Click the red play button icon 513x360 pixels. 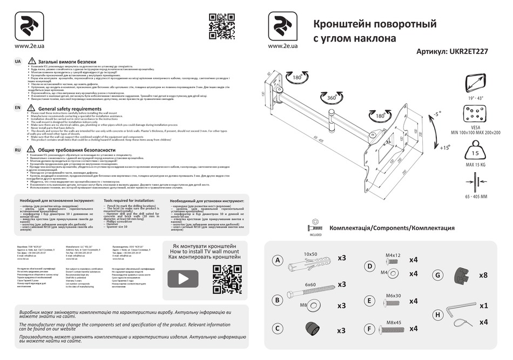pyautogui.click(x=183, y=279)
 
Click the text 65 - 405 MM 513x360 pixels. pyautogui.click(x=476, y=197)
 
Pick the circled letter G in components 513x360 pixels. pyautogui.click(x=438, y=274)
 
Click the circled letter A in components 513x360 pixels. pyautogui.click(x=277, y=261)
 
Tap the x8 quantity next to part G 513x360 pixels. pyautogui.click(x=483, y=275)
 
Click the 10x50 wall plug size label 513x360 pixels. pyautogui.click(x=310, y=254)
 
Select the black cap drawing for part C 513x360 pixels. pyautogui.click(x=312, y=329)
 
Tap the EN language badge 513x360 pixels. pyautogui.click(x=18, y=108)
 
